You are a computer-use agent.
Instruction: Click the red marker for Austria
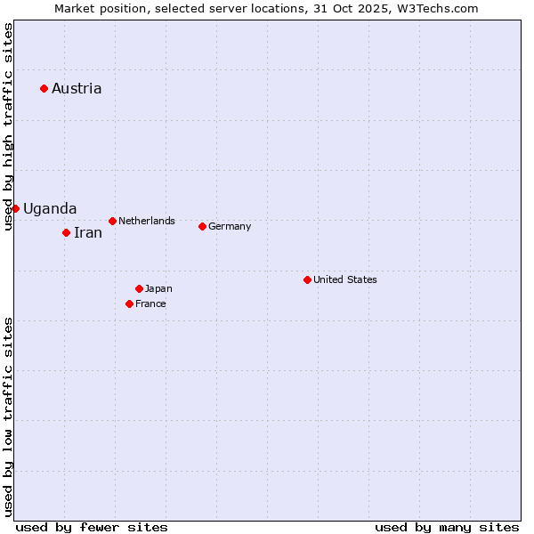tap(44, 88)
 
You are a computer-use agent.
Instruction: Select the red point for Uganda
tap(15, 208)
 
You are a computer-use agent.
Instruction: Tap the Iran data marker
tap(66, 232)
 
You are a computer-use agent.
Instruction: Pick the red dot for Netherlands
tap(112, 221)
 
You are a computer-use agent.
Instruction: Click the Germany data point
tap(202, 226)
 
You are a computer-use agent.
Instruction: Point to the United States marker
tap(307, 279)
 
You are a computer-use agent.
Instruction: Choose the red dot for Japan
tap(139, 288)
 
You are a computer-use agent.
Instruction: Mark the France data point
tap(129, 303)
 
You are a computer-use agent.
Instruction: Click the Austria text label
tap(77, 88)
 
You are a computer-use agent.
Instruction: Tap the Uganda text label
tap(50, 208)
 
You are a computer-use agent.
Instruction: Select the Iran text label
tap(88, 232)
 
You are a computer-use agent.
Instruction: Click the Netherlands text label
tap(147, 221)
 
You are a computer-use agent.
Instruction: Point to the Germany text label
tap(230, 226)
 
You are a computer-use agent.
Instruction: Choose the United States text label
tap(345, 279)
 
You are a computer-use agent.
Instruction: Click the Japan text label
tap(158, 288)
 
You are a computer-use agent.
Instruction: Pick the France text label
tap(150, 303)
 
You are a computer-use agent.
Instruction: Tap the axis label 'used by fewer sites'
tap(92, 527)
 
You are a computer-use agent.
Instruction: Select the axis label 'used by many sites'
tap(447, 527)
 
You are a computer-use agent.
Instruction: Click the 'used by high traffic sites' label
tap(8, 126)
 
